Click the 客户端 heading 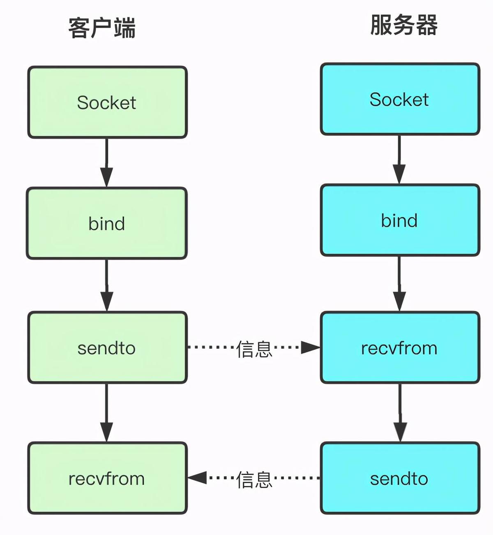pos(102,28)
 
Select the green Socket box pos(107,102)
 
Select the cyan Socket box pos(400,99)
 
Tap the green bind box pos(107,224)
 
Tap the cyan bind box pos(400,220)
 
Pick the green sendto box pos(107,348)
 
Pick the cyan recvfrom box pos(400,348)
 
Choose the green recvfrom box pos(107,478)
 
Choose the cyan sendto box pos(400,478)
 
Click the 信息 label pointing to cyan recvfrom pos(254,349)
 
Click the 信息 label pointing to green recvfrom pos(254,479)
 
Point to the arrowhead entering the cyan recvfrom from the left pos(310,347)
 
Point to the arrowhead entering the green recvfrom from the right pos(198,478)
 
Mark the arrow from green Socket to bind pos(107,162)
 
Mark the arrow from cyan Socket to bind pos(399,160)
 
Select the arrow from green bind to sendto pos(107,285)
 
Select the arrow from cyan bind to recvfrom pos(399,284)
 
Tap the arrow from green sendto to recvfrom pos(107,412)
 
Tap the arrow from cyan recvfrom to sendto pos(400,412)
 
